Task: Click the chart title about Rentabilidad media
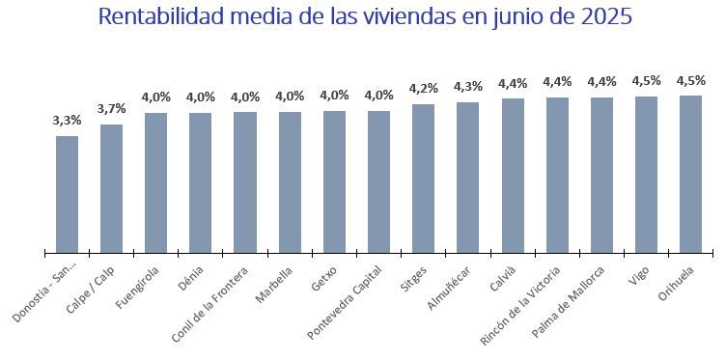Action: [x=365, y=18]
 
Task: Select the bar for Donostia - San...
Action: [x=67, y=193]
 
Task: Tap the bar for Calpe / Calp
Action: [x=111, y=188]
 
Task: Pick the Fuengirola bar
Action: [x=155, y=182]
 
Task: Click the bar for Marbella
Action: [x=290, y=182]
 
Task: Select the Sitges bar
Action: [x=423, y=179]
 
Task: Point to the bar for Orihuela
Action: [x=690, y=174]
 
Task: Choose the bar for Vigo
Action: [x=646, y=174]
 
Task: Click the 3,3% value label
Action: [x=67, y=121]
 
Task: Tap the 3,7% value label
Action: [x=111, y=109]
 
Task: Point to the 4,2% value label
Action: [x=423, y=89]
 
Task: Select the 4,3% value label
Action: [x=468, y=87]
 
